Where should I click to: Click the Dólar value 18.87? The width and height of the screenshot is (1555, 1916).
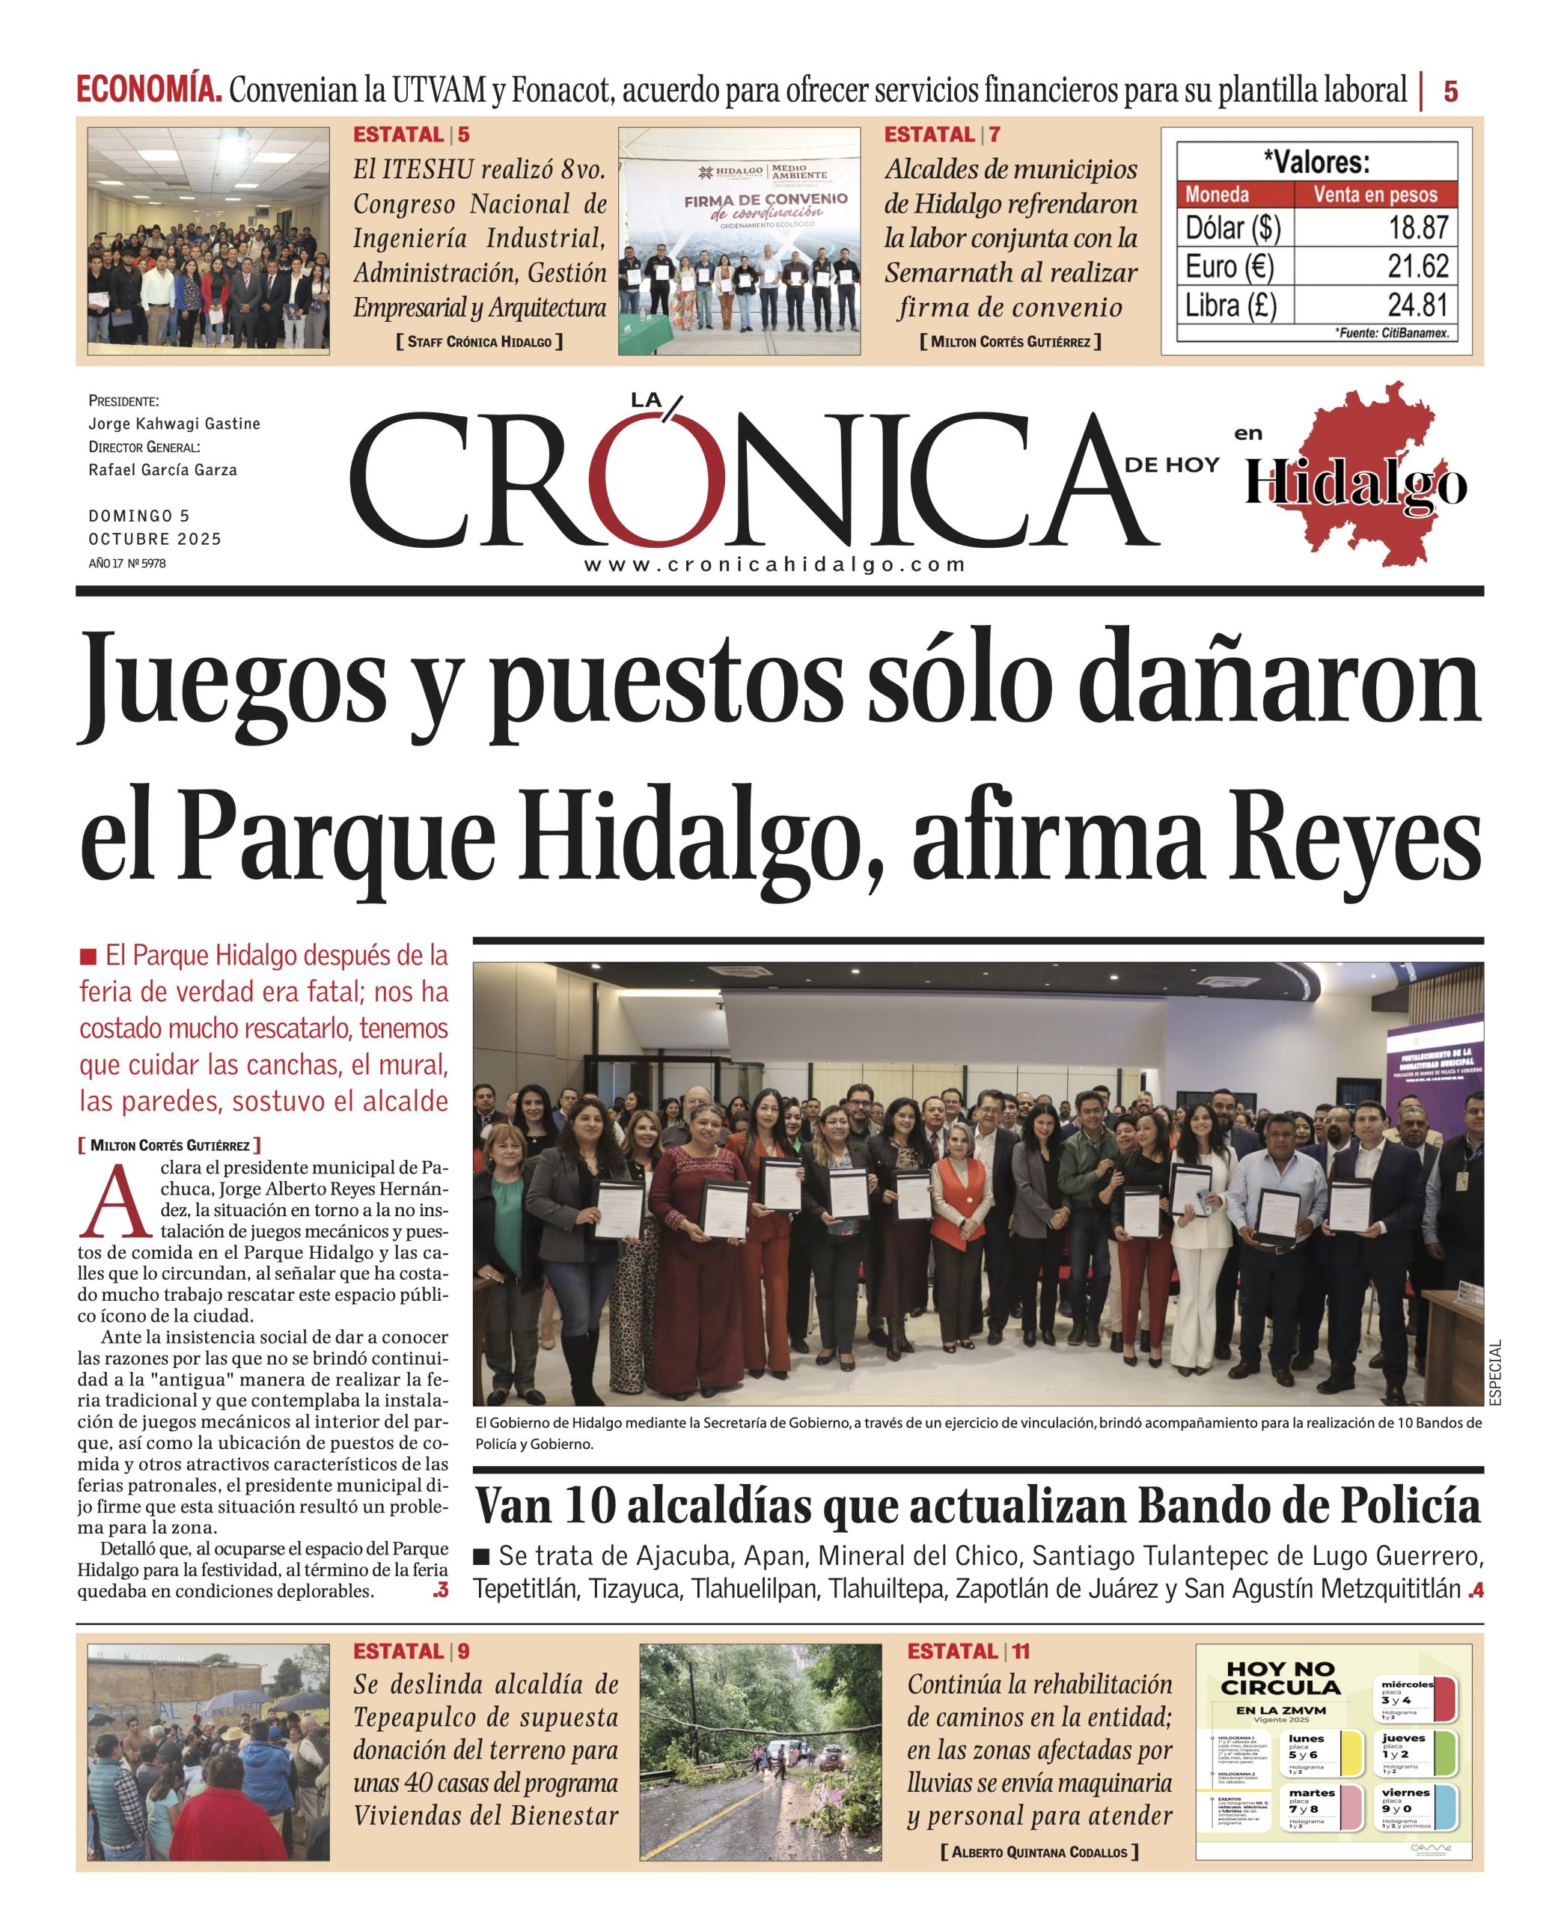click(x=1417, y=228)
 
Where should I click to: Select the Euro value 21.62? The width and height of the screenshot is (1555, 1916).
click(x=1417, y=266)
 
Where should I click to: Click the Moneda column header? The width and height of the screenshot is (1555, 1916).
click(x=1217, y=195)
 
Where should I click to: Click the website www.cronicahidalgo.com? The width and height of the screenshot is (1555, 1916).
click(x=775, y=565)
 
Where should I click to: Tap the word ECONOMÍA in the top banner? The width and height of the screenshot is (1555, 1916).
click(x=149, y=91)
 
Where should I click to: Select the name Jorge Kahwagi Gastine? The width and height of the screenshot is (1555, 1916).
click(x=174, y=424)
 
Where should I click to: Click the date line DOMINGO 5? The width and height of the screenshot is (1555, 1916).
click(x=139, y=516)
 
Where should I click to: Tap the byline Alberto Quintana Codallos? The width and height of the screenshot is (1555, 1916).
click(x=1039, y=1852)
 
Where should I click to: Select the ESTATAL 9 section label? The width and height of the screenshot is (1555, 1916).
click(x=410, y=1652)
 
